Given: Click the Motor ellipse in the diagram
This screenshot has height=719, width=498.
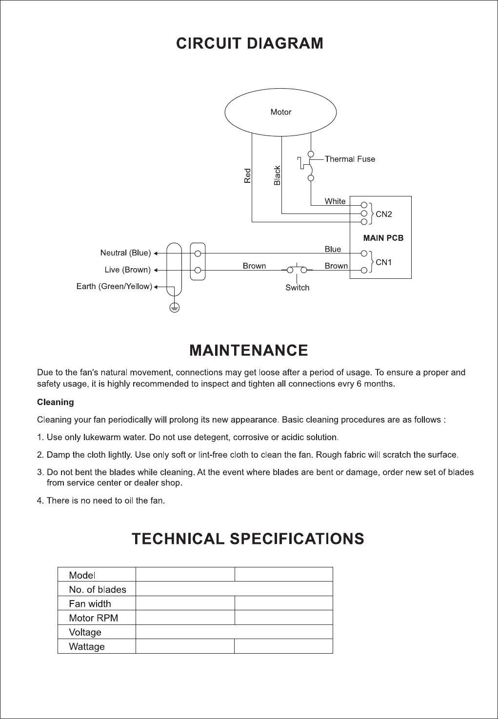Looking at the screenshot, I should click(280, 113).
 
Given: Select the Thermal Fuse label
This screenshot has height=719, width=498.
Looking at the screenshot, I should click(350, 159).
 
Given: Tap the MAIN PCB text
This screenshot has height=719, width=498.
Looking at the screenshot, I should click(383, 238).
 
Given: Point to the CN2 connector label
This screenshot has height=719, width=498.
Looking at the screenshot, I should click(384, 214).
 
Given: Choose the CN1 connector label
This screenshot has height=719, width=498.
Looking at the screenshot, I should click(384, 262).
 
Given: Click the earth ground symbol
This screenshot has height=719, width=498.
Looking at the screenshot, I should click(175, 307).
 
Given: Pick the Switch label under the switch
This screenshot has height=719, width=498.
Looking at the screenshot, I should click(298, 288).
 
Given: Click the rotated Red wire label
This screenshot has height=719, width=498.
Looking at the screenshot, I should click(248, 176).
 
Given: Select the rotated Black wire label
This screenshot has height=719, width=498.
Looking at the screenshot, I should click(278, 175).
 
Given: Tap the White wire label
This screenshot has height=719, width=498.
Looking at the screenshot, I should click(335, 201).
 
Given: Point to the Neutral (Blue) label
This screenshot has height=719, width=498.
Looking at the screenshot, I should click(125, 253).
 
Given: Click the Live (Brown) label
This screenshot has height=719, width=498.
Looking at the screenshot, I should click(127, 270).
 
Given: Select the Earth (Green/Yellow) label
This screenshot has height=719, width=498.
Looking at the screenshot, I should click(114, 286).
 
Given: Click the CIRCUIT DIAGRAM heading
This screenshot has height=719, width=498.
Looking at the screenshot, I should click(250, 43).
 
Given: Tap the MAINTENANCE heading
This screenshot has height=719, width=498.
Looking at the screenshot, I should click(249, 350).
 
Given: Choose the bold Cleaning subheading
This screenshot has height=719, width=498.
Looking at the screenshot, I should click(56, 402).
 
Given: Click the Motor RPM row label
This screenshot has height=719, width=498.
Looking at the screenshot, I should click(94, 618).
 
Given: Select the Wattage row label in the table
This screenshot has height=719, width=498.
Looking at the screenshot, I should click(87, 647).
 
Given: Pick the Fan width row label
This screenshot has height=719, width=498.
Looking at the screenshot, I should click(90, 604).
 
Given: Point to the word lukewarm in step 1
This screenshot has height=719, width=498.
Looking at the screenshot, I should click(102, 437).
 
